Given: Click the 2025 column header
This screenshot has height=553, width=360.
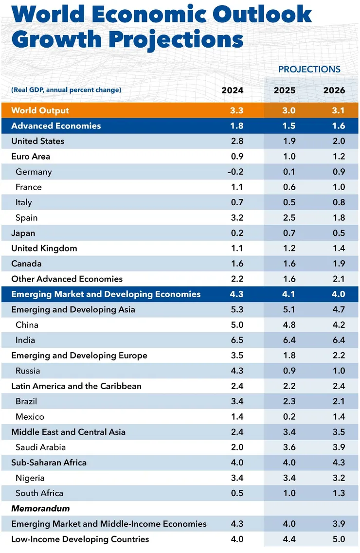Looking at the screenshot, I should pos(288,90).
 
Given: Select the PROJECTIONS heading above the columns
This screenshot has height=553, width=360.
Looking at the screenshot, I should pos(309,69).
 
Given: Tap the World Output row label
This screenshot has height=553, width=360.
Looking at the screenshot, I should pos(40,110).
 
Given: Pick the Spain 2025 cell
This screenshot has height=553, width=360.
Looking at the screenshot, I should pos(288,218).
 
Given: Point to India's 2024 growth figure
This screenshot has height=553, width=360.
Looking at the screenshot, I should pos(236,340).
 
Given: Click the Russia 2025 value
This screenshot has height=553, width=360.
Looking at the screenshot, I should pos(288,371).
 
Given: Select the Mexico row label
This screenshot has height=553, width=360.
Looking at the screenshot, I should pos(30,416).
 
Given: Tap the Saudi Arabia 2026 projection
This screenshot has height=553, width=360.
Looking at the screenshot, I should pos(338,447).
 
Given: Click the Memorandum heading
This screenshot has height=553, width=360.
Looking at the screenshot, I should pos(40,508).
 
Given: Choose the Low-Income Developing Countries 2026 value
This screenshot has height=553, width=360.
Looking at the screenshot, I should pos(338,539).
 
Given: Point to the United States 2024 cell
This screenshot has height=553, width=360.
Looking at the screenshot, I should pos(236,141).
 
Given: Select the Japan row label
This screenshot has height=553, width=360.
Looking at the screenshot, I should pos(23,233).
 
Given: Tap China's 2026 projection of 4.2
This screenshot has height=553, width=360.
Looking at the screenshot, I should pos(338,325).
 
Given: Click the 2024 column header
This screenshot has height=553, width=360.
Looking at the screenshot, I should pos(232,90).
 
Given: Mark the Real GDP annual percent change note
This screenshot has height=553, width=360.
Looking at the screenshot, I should pos(66,90).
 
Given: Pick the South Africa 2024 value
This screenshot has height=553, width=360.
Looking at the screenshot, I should pos(236,493).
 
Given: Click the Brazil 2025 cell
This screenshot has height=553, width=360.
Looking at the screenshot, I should pos(288,401).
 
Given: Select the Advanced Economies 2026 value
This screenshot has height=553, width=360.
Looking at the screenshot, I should pos(338,125).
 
